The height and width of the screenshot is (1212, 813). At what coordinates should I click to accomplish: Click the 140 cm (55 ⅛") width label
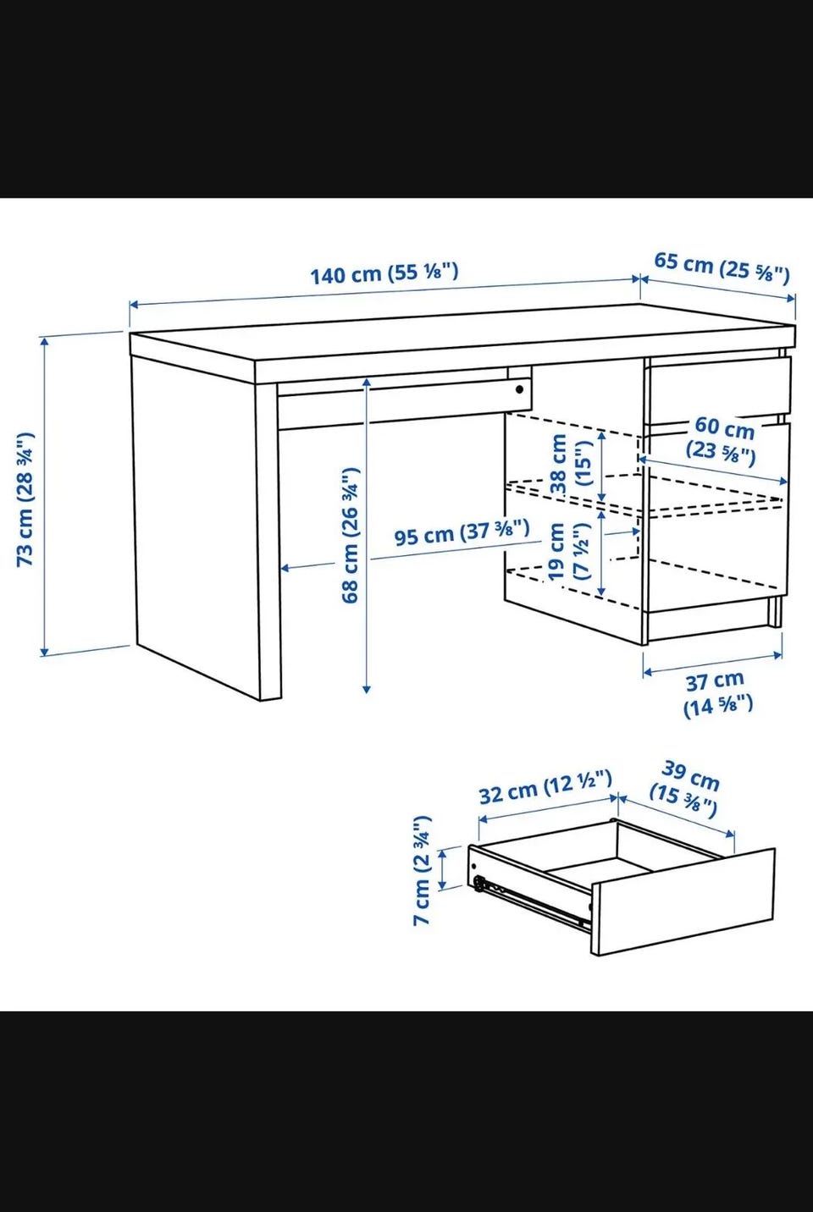click(384, 273)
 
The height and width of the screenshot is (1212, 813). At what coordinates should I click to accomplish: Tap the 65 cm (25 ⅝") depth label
click(722, 267)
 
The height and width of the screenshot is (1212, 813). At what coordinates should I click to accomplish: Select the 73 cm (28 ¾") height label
click(26, 499)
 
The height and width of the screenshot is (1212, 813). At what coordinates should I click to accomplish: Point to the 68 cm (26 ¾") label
click(351, 536)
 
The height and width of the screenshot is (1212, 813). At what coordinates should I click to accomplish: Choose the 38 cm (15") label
click(571, 465)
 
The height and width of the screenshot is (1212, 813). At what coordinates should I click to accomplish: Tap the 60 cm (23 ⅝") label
click(722, 440)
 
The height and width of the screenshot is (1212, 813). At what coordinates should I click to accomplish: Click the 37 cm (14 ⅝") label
click(716, 693)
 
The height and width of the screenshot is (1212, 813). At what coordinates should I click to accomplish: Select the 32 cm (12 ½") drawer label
click(545, 787)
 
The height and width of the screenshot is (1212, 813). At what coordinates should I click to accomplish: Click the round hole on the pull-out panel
click(520, 389)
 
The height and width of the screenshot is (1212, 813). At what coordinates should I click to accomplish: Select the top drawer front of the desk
click(720, 385)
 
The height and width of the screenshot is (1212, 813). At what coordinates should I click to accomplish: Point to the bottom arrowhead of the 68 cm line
click(367, 689)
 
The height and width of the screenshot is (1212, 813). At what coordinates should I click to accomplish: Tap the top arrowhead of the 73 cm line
click(45, 339)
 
